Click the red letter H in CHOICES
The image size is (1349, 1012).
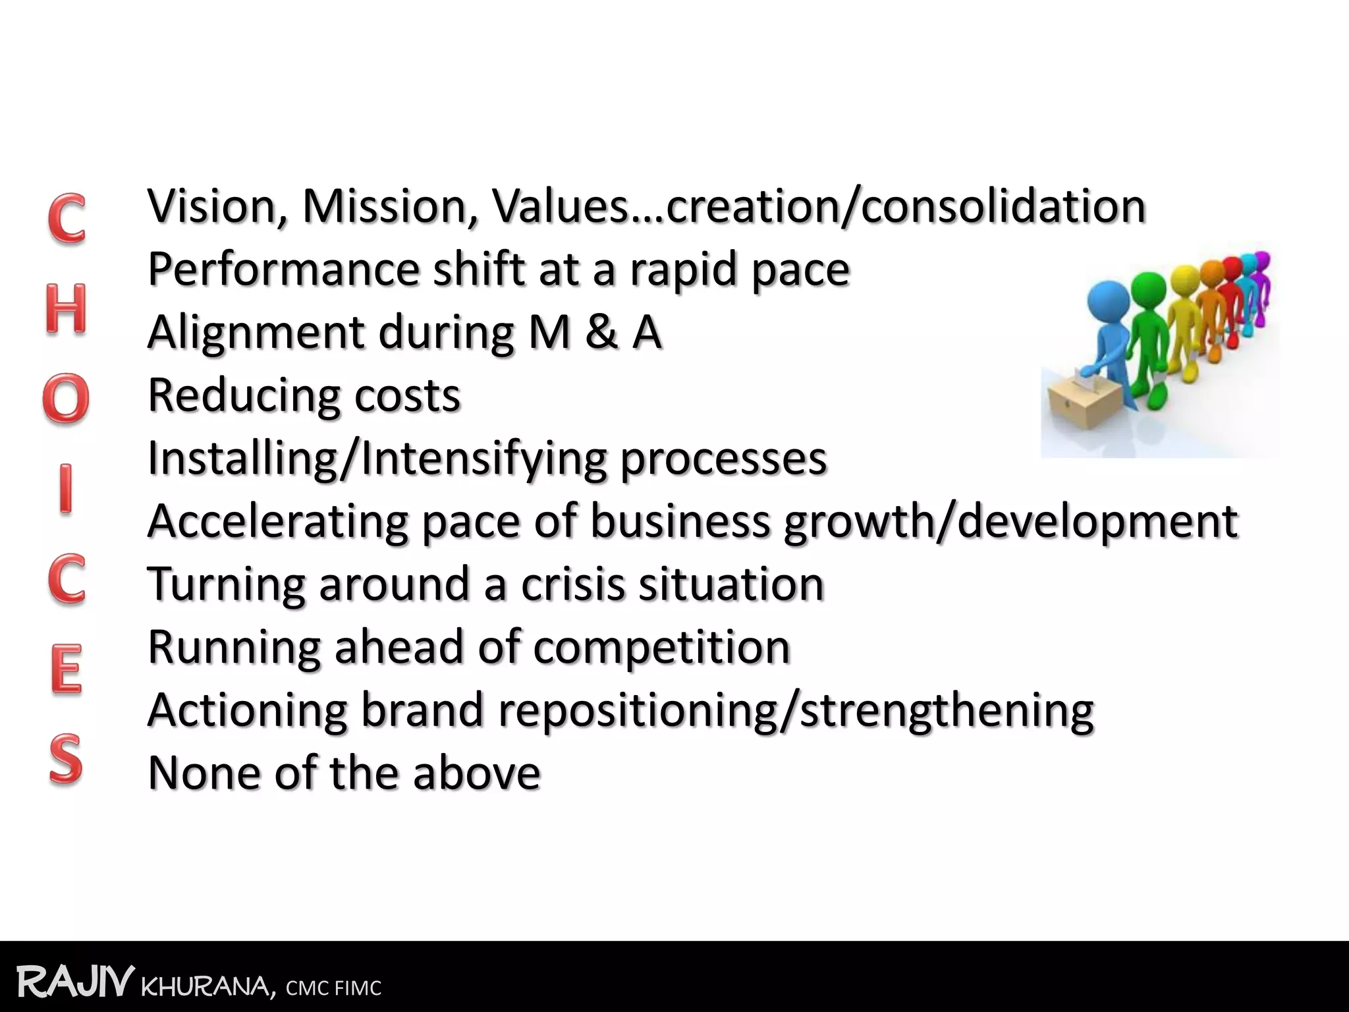pyautogui.click(x=66, y=308)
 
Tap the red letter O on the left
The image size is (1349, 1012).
pyautogui.click(x=66, y=399)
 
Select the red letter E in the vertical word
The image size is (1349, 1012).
pyautogui.click(x=67, y=668)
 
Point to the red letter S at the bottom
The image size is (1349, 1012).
pyautogui.click(x=66, y=759)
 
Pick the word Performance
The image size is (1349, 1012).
pyautogui.click(x=284, y=269)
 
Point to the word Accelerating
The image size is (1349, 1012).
pyautogui.click(x=277, y=521)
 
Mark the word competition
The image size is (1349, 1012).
pyautogui.click(x=661, y=647)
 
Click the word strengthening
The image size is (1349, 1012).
pyautogui.click(x=947, y=711)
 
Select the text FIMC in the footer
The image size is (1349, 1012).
pyautogui.click(x=358, y=988)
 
